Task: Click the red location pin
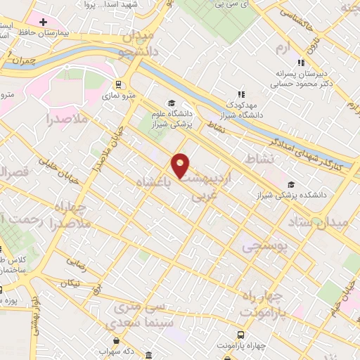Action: pos(181,165)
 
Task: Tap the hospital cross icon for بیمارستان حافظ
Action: pos(44,22)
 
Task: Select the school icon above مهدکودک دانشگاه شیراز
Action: pos(240,94)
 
